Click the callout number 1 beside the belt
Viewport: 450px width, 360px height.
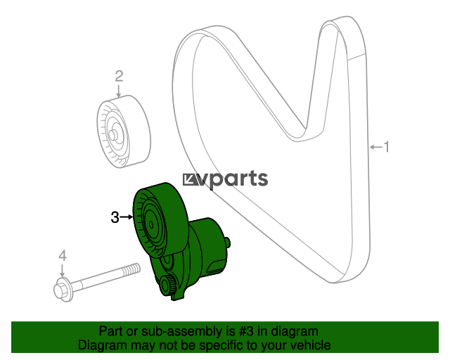click(x=386, y=147)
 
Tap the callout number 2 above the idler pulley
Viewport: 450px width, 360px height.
click(x=119, y=77)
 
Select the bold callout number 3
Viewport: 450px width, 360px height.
click(x=115, y=217)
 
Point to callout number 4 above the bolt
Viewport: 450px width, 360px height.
click(x=63, y=256)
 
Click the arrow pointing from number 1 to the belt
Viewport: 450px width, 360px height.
click(x=376, y=147)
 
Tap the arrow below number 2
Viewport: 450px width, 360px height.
click(x=119, y=91)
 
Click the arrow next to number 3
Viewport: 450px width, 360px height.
click(x=127, y=217)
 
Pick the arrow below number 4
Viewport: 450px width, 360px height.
click(x=62, y=271)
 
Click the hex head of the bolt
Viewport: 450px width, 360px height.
click(x=61, y=290)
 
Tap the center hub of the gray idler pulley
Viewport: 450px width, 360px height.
click(x=113, y=134)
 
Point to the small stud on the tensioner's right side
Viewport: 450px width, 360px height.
click(x=228, y=243)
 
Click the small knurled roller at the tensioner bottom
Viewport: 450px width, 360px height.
click(x=167, y=285)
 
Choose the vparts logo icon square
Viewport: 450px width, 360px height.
click(x=190, y=180)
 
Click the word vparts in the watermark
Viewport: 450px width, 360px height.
click(x=233, y=179)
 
